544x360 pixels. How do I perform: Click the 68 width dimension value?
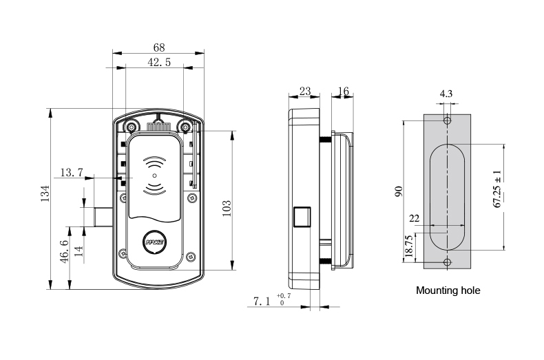click(158, 47)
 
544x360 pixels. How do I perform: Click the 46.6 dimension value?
click(64, 253)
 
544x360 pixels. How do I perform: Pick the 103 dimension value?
click(227, 208)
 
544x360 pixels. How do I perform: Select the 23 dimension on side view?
click(304, 92)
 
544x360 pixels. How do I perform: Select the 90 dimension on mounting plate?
click(398, 191)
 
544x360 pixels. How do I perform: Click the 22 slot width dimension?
click(414, 218)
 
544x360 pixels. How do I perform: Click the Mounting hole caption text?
click(448, 290)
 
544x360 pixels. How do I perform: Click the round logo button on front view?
click(155, 242)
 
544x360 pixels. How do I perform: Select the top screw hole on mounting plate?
click(448, 122)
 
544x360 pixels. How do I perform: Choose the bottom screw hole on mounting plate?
click(448, 262)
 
